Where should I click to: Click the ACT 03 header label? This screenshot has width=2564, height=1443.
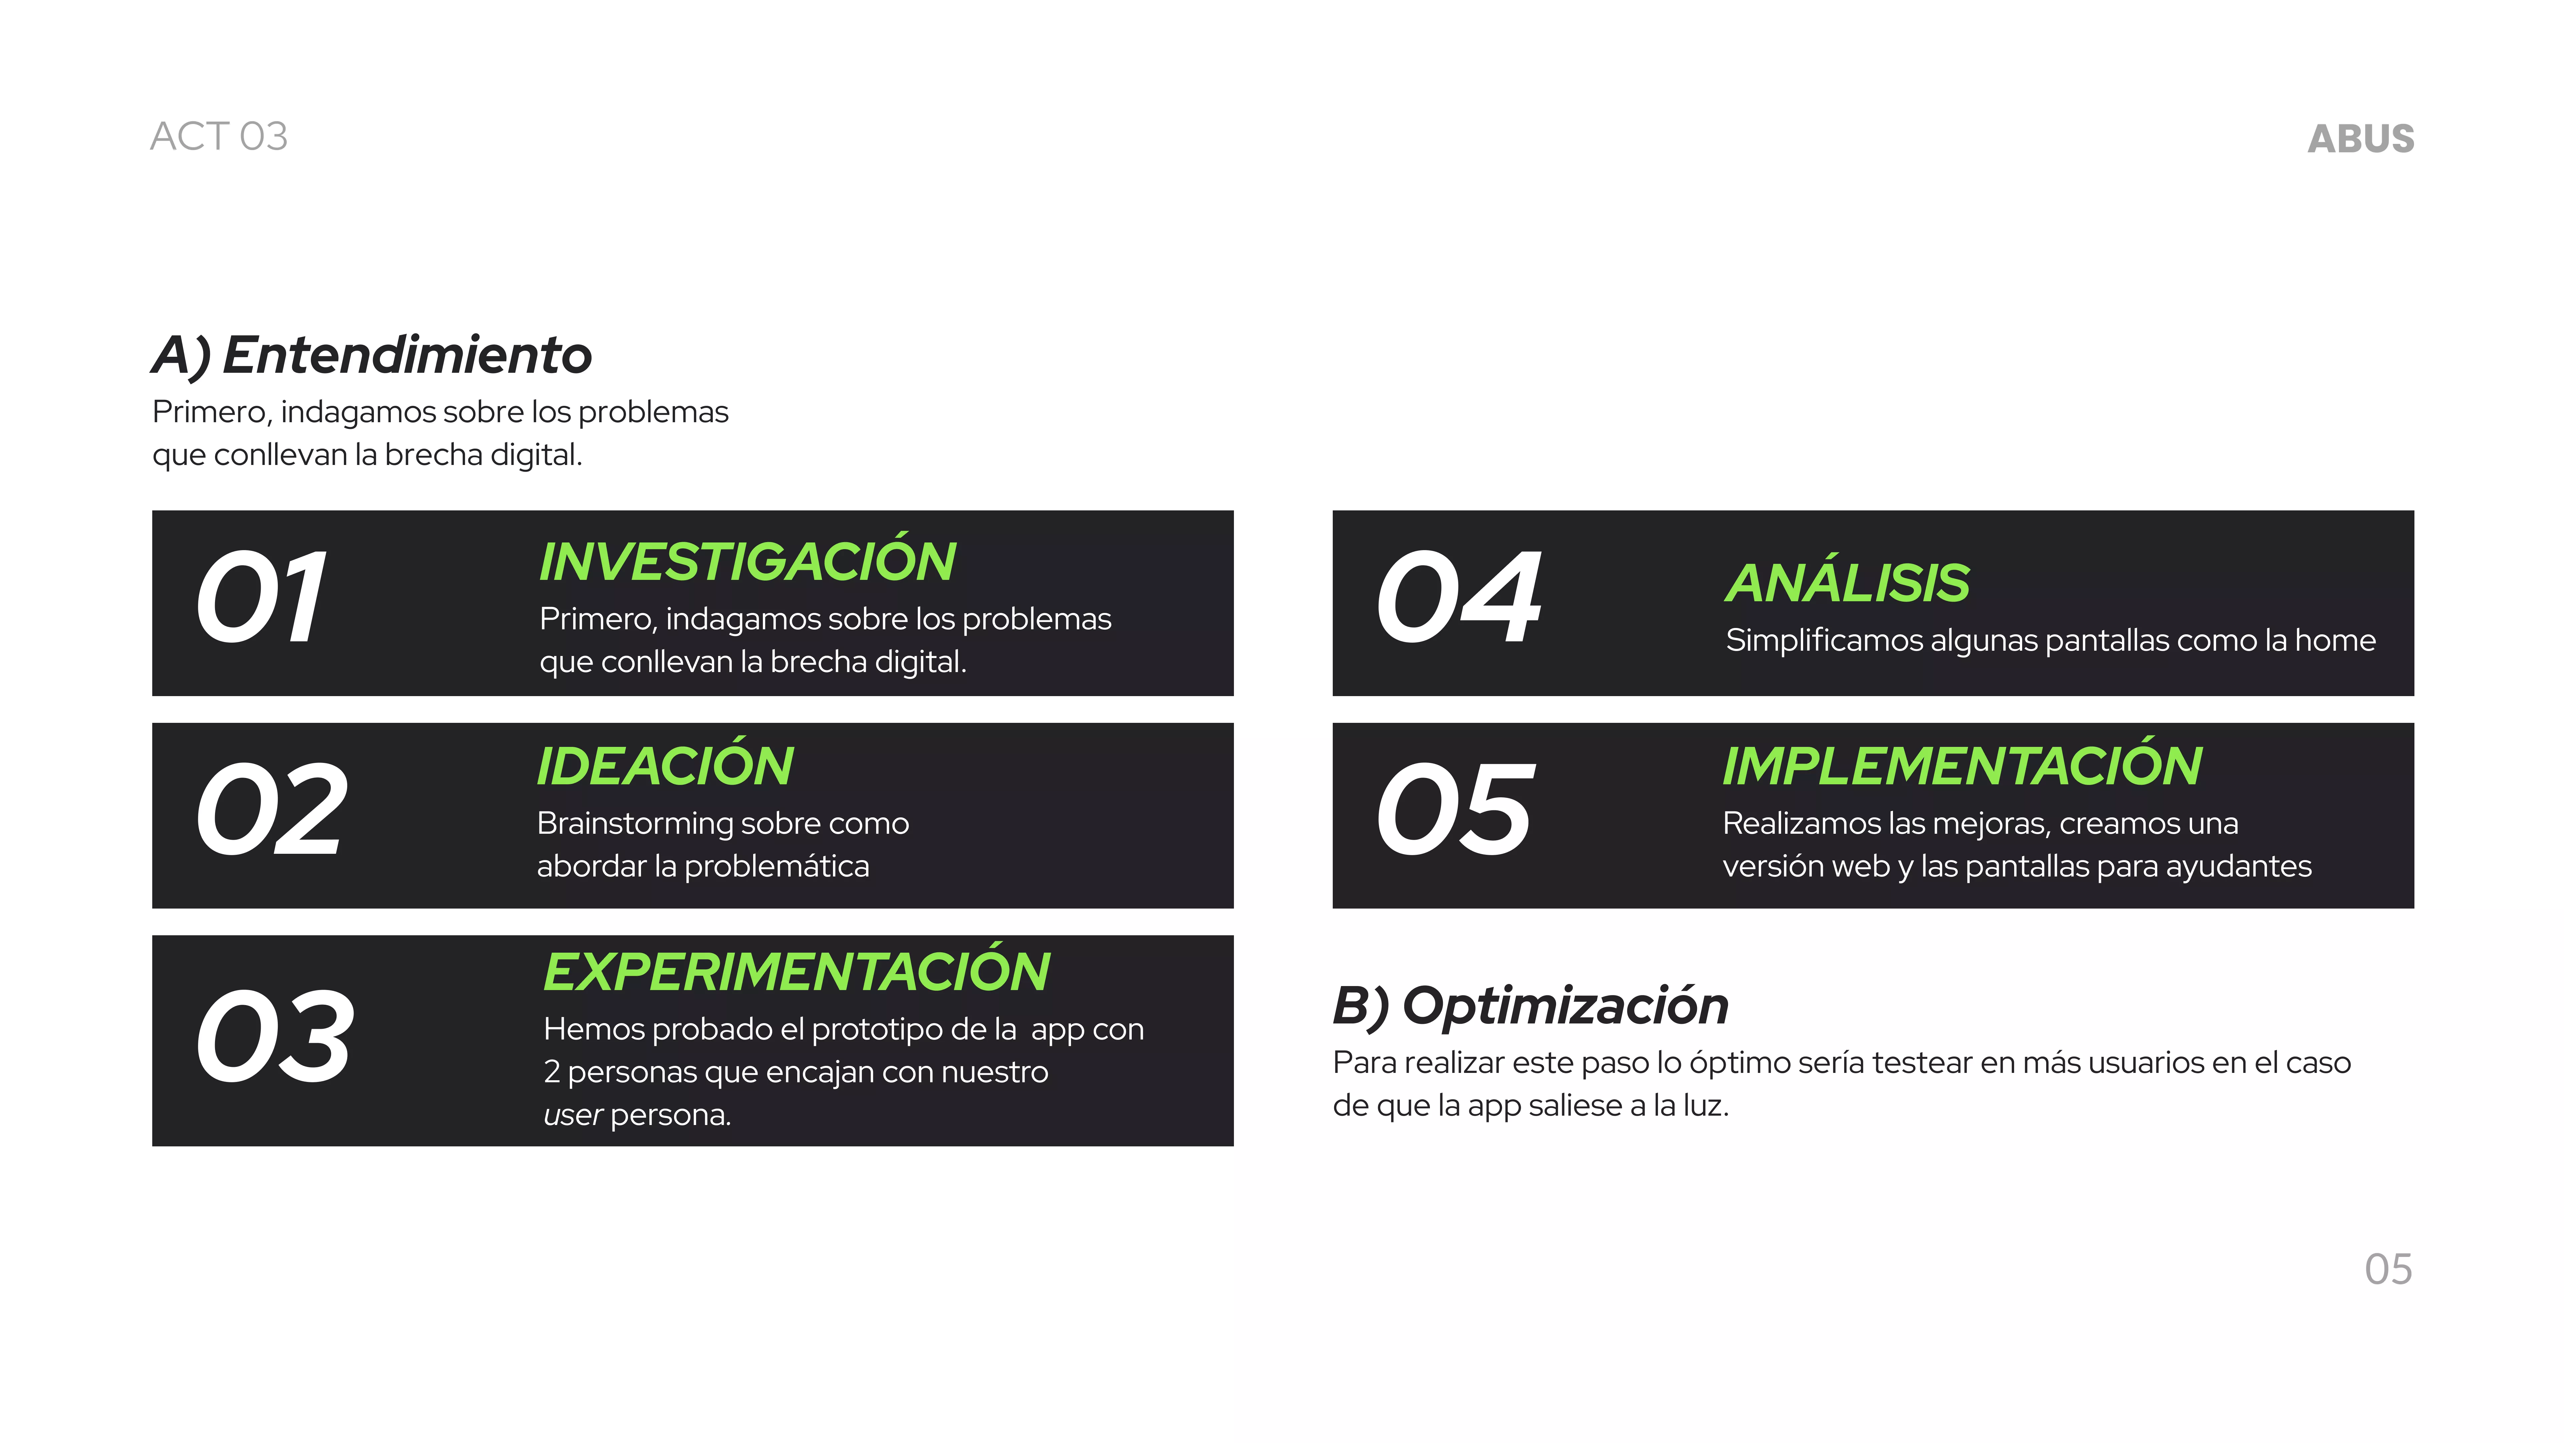pos(219,136)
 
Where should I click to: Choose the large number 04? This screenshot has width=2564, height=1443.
pos(1459,598)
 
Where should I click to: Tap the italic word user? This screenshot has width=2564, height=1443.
pos(572,1115)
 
